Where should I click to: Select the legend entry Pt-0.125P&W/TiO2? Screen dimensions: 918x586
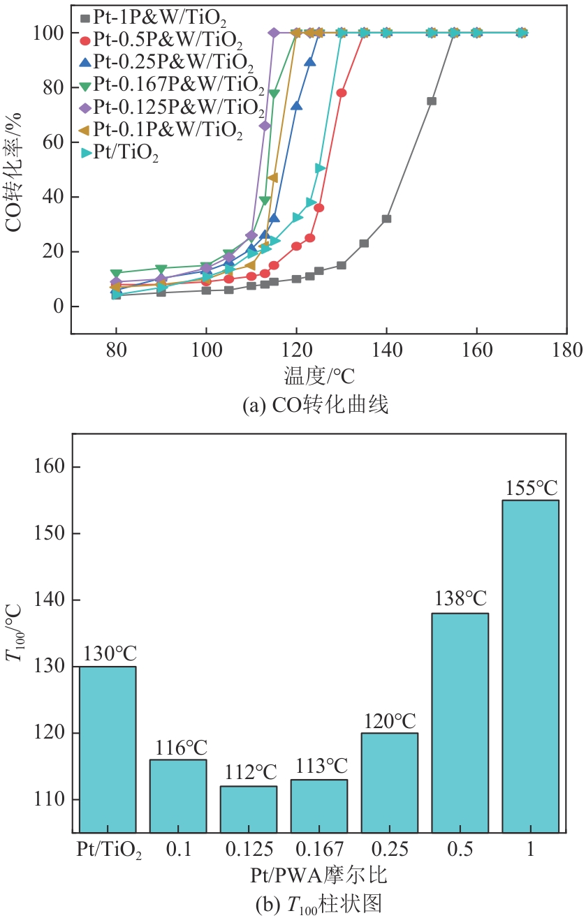(177, 108)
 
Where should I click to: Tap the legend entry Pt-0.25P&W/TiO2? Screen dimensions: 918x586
(168, 62)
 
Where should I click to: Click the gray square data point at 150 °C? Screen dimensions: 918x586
(432, 101)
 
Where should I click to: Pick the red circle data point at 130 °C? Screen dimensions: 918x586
(342, 93)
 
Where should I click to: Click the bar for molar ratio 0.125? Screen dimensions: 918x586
(249, 809)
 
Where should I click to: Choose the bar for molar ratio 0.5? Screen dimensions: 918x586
(460, 723)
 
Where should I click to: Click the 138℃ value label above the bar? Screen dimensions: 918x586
(460, 599)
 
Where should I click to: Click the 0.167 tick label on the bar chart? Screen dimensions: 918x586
(319, 850)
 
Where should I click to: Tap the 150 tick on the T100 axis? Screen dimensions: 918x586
(53, 533)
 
